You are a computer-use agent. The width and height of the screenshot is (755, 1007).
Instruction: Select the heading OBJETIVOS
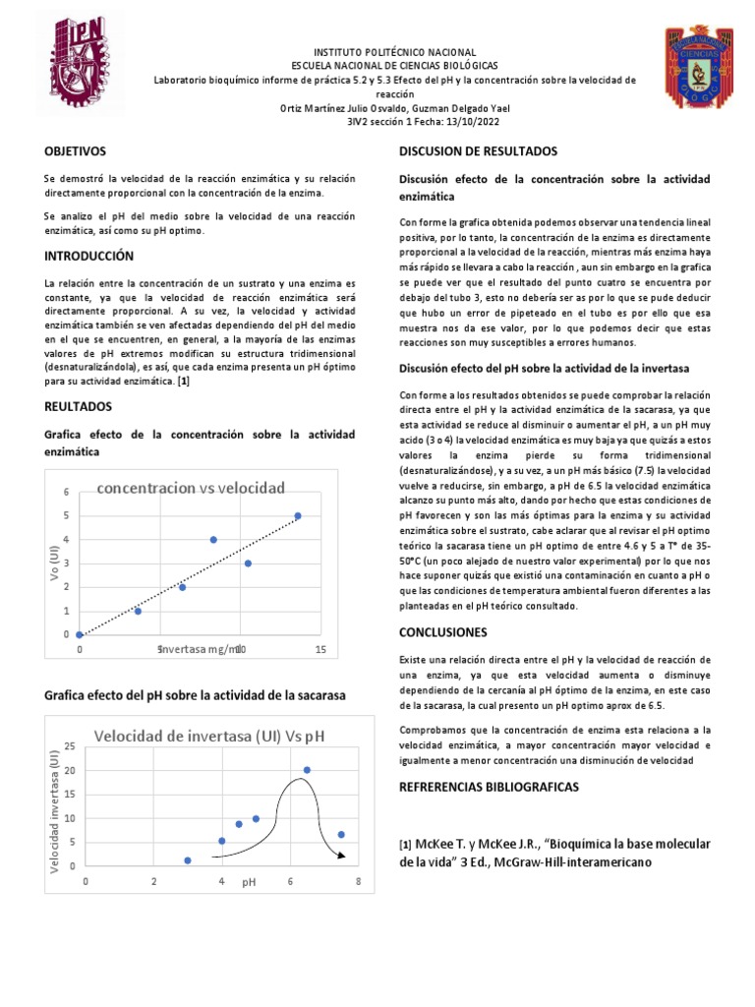click(75, 151)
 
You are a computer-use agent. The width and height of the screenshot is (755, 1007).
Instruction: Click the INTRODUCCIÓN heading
click(88, 256)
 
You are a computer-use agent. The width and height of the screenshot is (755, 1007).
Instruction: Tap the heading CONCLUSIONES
click(442, 632)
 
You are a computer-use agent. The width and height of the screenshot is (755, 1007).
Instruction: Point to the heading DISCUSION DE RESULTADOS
click(478, 151)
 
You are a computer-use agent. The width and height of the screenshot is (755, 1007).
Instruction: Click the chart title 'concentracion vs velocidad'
click(191, 488)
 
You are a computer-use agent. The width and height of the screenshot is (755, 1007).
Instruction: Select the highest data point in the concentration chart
click(298, 515)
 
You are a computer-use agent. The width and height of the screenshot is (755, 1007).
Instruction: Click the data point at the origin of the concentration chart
click(80, 634)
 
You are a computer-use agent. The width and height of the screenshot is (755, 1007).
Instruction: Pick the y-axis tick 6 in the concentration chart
click(67, 492)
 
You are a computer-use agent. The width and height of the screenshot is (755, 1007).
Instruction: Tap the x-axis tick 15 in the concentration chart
click(319, 649)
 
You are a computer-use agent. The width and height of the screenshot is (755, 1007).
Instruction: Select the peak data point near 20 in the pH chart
click(307, 770)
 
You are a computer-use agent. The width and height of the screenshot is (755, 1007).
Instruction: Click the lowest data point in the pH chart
click(188, 860)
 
